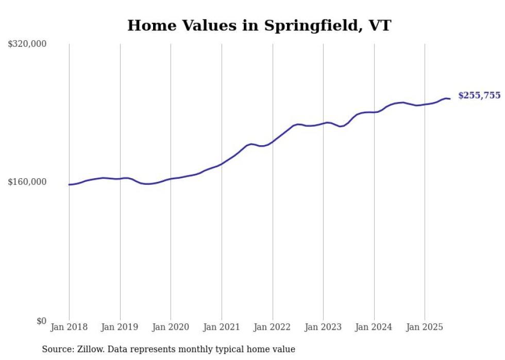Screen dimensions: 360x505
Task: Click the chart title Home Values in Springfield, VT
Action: [x=259, y=25]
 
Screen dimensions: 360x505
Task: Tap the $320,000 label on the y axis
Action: [x=27, y=44]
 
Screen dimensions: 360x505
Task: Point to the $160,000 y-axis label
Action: [x=27, y=182]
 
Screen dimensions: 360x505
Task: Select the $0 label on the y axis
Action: [x=41, y=321]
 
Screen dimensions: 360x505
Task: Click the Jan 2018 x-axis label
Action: [x=69, y=327]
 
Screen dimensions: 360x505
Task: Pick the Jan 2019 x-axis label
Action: [x=120, y=327]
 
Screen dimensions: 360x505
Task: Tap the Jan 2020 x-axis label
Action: [x=171, y=327]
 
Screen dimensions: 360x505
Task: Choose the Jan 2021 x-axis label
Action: [x=222, y=327]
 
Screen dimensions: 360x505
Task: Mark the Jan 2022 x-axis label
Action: [x=273, y=327]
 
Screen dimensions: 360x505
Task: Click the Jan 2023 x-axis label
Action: [x=323, y=327]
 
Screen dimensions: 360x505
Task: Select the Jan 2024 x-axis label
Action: [x=374, y=327]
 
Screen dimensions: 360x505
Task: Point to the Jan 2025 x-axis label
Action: [x=425, y=327]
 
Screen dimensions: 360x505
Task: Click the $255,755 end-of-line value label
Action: [x=479, y=95]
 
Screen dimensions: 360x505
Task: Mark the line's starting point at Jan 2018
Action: [x=69, y=184]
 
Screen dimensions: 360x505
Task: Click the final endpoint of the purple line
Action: [x=450, y=99]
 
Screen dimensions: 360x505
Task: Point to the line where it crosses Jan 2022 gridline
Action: [x=273, y=141]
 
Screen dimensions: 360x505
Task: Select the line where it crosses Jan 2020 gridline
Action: [x=171, y=179]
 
